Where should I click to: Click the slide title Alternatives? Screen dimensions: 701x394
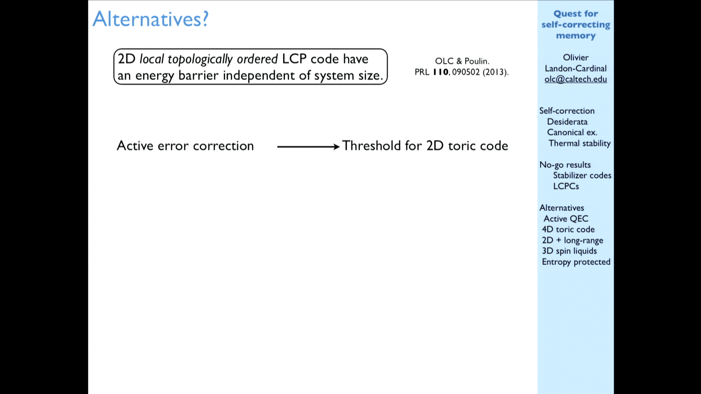(x=150, y=19)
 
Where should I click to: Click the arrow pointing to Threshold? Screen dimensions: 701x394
(x=309, y=147)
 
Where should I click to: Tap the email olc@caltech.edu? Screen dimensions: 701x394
(x=575, y=80)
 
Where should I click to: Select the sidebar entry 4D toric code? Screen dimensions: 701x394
(x=568, y=229)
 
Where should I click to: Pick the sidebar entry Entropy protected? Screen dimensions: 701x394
(x=576, y=262)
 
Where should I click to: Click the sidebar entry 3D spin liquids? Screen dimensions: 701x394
(x=569, y=251)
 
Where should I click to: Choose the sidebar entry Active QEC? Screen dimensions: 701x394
(x=566, y=219)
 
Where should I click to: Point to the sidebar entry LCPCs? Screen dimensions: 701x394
(x=566, y=186)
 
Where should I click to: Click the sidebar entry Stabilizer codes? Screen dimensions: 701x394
(x=582, y=175)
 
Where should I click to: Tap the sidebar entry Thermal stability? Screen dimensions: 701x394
(x=579, y=143)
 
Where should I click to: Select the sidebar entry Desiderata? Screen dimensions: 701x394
(x=567, y=122)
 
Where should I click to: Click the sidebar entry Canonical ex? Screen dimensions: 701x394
(x=572, y=132)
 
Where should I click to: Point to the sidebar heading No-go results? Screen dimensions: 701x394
(x=565, y=165)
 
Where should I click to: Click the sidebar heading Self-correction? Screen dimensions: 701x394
(x=567, y=111)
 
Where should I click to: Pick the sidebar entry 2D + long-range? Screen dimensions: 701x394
(x=572, y=240)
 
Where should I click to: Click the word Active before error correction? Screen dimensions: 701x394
(x=135, y=146)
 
